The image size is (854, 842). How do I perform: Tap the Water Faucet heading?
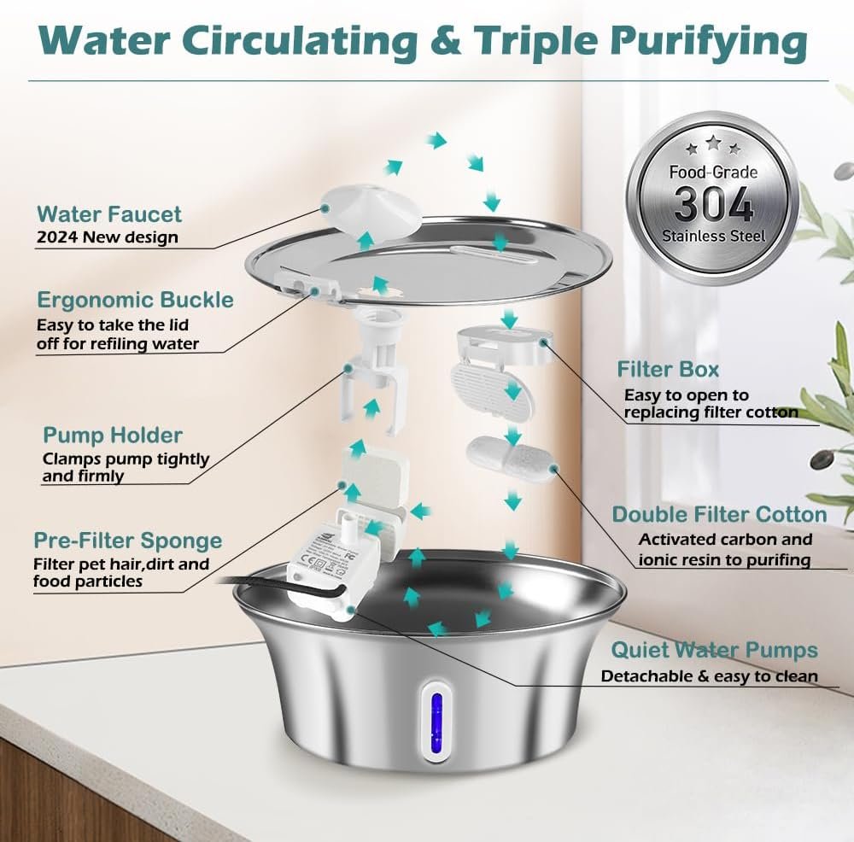pos(109,214)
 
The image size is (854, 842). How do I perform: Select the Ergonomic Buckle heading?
pos(135,300)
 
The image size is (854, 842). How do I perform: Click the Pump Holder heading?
pos(113,435)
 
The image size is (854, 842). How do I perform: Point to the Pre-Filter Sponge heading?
pos(128,541)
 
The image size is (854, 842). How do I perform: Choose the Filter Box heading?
pos(668,369)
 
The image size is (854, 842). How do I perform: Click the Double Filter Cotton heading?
pos(719,514)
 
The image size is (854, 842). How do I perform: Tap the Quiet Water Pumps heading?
pos(715,650)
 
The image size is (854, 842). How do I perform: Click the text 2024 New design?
pos(108,237)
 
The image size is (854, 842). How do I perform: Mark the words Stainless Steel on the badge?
pos(713,237)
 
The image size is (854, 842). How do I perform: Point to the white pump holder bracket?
pos(374,371)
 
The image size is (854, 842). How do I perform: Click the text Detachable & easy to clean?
pos(709,676)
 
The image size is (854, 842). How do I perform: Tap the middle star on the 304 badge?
pos(713,143)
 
